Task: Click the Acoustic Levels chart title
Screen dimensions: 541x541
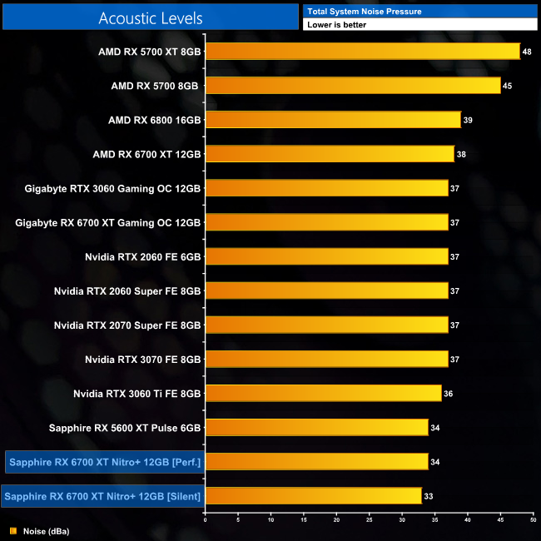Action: (150, 17)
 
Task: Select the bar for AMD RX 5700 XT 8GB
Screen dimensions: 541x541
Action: (362, 52)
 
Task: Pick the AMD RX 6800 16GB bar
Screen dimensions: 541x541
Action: (332, 120)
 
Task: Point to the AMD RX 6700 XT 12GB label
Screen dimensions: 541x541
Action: (146, 154)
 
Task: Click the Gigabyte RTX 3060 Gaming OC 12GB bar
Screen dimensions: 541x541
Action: (326, 188)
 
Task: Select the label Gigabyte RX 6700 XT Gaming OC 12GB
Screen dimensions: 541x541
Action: (108, 222)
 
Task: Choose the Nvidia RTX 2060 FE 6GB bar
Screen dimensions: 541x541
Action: (326, 256)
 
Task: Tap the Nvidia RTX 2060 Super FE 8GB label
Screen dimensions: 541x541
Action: (127, 290)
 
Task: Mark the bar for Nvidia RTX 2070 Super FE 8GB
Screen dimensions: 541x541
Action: (326, 325)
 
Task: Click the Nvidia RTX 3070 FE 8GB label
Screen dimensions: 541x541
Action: (142, 359)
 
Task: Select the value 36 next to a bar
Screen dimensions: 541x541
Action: (448, 393)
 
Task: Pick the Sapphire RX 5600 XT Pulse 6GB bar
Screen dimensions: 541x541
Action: (316, 427)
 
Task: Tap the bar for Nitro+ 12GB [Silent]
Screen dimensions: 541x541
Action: (313, 495)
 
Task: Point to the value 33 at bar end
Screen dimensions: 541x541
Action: (428, 496)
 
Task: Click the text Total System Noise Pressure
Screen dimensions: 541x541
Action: (364, 12)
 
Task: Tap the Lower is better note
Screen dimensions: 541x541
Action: (336, 25)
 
